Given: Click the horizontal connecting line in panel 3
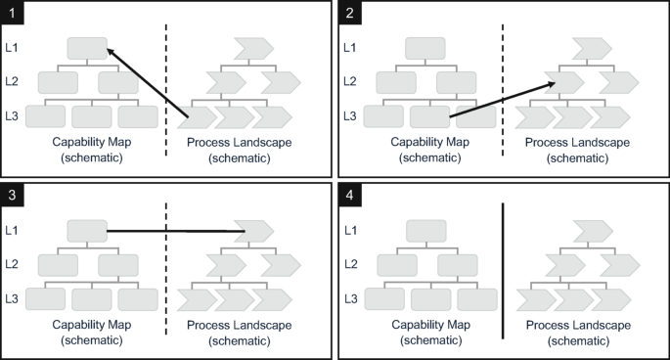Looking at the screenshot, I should [x=176, y=231].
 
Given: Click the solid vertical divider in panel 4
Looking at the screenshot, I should [x=503, y=270].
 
